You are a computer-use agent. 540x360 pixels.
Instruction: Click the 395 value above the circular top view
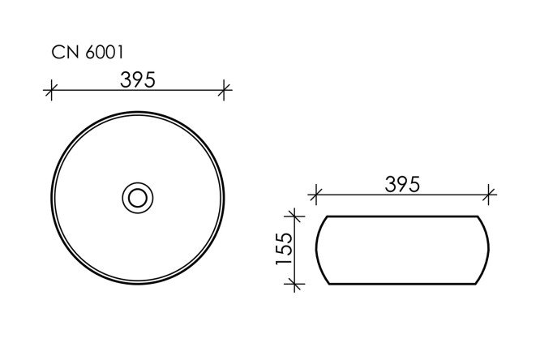139,79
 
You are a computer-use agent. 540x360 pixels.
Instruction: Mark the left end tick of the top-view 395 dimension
53,89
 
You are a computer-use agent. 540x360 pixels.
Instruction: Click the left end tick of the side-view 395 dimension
316,195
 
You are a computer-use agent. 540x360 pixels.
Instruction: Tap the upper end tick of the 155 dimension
295,216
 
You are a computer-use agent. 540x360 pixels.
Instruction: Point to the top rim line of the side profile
402,216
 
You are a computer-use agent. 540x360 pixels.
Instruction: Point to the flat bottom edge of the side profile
402,285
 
